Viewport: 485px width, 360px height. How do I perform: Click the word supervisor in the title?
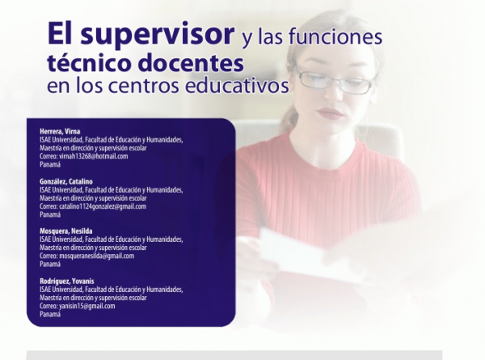[x=157, y=35]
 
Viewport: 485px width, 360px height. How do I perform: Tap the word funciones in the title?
[x=335, y=37]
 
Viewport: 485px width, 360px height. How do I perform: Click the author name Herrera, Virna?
[x=60, y=131]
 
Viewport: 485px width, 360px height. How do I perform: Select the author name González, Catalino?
[x=66, y=181]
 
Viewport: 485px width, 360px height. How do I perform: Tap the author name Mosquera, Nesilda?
[x=66, y=231]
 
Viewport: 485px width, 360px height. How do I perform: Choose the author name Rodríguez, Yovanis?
[x=67, y=281]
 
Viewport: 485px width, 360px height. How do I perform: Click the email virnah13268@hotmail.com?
[x=94, y=156]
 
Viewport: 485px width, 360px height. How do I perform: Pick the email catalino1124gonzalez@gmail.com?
[x=103, y=206]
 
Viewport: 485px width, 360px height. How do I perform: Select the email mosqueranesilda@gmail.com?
[x=97, y=256]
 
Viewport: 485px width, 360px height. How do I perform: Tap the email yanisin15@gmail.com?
[x=87, y=306]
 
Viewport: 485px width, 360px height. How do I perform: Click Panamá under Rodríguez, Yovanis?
[x=50, y=314]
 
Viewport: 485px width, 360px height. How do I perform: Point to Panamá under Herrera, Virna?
[x=50, y=164]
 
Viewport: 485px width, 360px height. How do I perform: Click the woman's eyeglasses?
[x=335, y=79]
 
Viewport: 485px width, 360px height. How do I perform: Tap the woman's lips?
[x=330, y=113]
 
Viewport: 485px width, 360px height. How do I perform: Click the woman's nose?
[x=331, y=94]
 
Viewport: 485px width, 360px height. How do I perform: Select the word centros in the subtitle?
[x=144, y=85]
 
